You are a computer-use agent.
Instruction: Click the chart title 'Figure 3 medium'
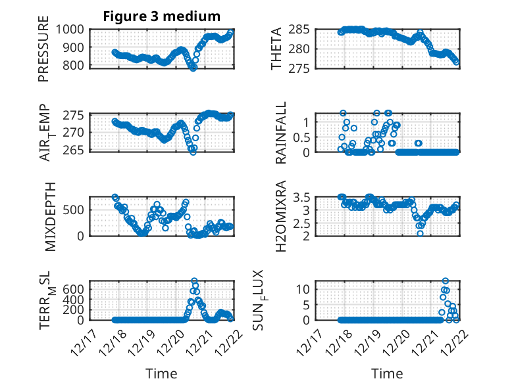pos(161,16)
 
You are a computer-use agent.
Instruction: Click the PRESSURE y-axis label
pos(43,53)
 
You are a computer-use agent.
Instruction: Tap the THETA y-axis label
pos(277,49)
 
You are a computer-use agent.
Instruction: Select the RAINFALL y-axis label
pos(280,133)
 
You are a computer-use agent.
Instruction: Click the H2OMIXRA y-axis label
pos(280,215)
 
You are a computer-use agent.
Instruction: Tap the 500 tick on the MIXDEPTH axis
pos(74,210)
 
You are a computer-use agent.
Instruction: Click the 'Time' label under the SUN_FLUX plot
pos(388,374)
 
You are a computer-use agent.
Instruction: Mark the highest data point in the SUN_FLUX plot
pos(446,281)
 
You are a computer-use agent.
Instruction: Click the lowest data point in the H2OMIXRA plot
pos(420,233)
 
